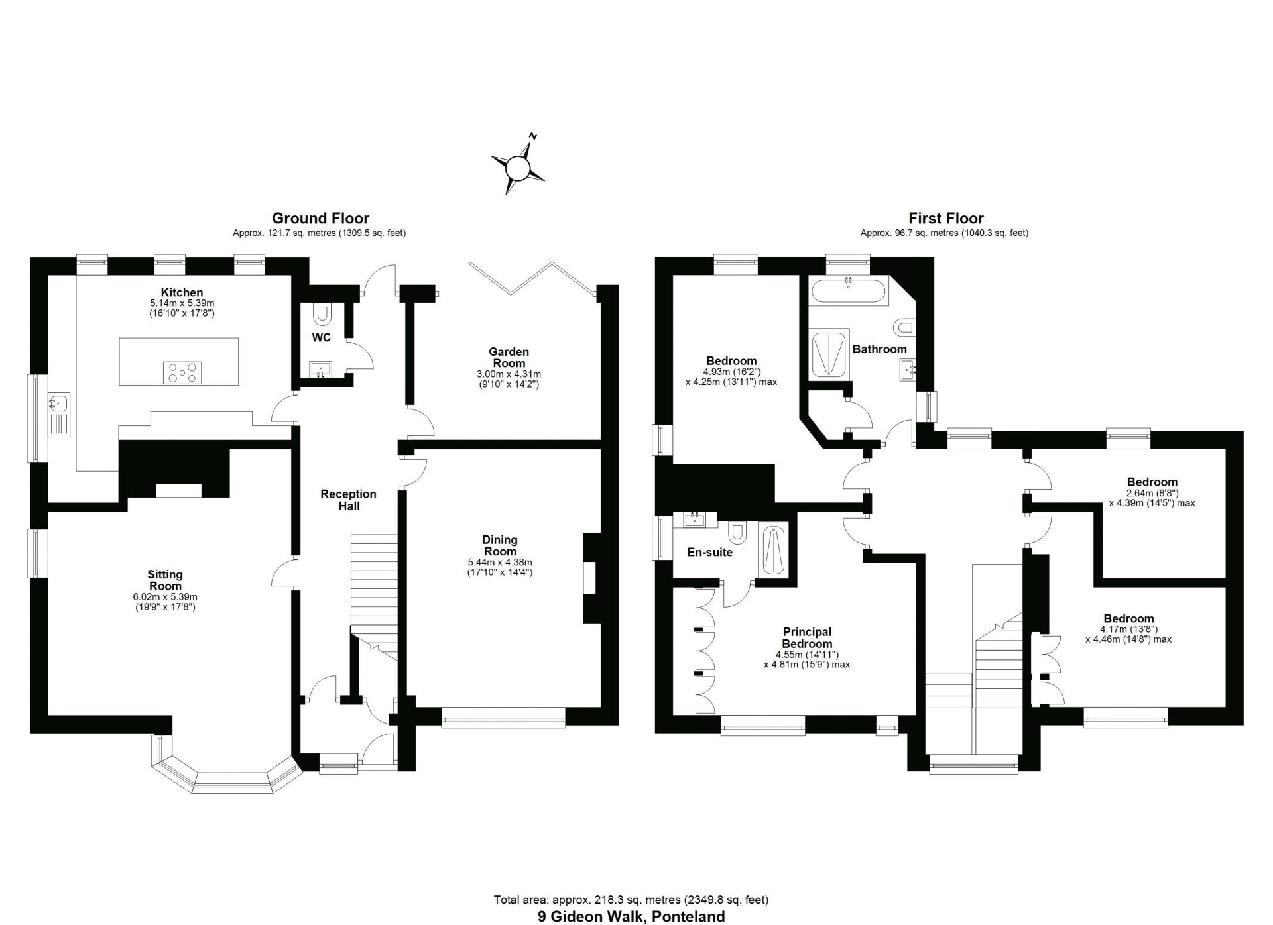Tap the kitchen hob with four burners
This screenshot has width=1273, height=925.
pos(182,372)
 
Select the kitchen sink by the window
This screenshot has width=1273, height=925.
pos(60,402)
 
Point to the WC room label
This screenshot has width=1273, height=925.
pos(322,338)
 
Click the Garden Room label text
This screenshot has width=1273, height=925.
pos(509,357)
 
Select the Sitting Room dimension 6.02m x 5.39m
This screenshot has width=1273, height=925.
pos(165,597)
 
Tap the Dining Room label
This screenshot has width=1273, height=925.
pos(500,545)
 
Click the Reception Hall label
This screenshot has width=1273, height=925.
pos(348,500)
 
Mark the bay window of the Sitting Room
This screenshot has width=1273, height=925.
pos(226,772)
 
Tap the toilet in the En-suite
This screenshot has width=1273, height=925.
pos(737,532)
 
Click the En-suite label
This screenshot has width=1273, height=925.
pos(709,552)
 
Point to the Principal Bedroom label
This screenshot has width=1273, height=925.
pos(807,637)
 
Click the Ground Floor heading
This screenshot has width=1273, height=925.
pos(320,218)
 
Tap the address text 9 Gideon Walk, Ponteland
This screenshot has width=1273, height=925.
pos(631,917)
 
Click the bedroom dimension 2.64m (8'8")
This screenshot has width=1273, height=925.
pos(1152,492)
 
